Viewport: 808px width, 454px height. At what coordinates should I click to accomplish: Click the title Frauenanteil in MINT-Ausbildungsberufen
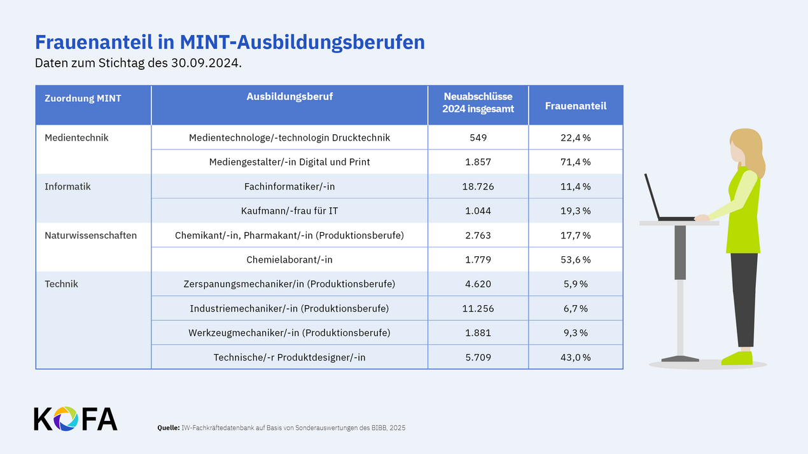tap(229, 42)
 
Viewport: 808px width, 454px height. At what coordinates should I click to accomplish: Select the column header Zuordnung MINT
tap(83, 98)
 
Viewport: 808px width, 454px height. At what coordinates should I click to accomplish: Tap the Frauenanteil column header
tap(575, 106)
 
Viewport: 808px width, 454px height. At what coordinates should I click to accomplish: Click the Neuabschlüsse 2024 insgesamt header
tap(478, 102)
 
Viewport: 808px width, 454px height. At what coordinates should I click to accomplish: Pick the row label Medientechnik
tap(76, 137)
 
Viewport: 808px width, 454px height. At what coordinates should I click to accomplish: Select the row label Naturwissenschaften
tap(90, 235)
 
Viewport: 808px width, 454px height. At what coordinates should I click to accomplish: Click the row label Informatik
tap(67, 186)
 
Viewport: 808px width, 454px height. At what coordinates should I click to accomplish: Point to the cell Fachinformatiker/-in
tap(289, 186)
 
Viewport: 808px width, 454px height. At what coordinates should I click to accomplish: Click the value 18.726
tap(478, 186)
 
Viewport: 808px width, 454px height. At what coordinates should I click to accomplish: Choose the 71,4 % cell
tap(575, 162)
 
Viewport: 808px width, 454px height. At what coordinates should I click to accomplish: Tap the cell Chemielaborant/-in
tap(289, 259)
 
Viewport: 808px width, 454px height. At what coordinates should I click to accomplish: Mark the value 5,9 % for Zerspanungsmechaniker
tap(575, 284)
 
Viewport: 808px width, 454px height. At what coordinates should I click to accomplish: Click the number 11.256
tap(478, 308)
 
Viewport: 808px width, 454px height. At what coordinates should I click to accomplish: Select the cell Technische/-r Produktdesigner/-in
tap(289, 357)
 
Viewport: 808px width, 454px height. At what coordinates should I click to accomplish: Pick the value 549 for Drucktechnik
tap(478, 137)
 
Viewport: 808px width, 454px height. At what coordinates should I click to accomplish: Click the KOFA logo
tap(75, 418)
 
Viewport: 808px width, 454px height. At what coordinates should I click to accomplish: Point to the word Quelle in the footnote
tap(169, 428)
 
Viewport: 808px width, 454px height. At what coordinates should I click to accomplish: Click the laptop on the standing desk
tap(662, 200)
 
